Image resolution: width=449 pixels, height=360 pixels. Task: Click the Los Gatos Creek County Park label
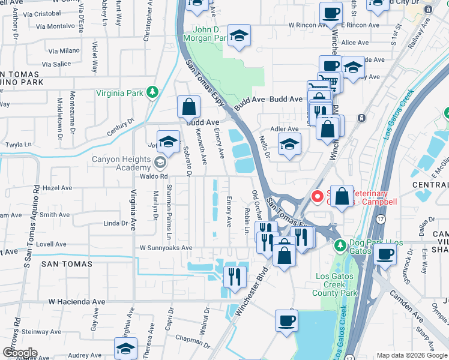335,285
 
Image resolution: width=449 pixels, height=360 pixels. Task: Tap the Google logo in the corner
19,352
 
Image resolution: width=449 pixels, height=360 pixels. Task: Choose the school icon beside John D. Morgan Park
239,37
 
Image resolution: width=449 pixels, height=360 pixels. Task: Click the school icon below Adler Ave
289,145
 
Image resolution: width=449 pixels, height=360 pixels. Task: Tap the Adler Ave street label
285,129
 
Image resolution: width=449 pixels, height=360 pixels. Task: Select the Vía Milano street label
64,51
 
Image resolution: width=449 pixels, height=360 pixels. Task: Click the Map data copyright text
412,355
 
